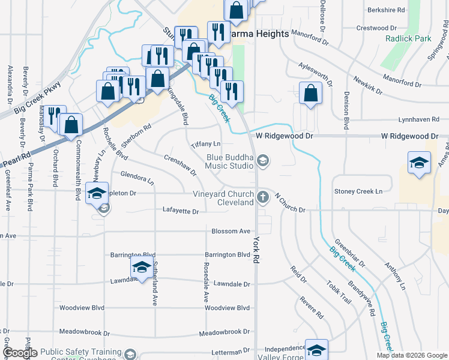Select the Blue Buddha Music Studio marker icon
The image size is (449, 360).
pyautogui.click(x=262, y=161)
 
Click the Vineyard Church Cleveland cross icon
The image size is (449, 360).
pyautogui.click(x=262, y=197)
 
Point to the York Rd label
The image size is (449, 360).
pyautogui.click(x=256, y=248)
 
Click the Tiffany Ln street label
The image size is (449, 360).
pyautogui.click(x=206, y=145)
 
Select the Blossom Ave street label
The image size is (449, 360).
pyautogui.click(x=231, y=231)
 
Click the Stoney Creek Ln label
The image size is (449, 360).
pyautogui.click(x=358, y=191)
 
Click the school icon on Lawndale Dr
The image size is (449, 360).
pyautogui.click(x=141, y=267)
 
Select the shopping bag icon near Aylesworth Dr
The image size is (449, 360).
pyautogui.click(x=310, y=93)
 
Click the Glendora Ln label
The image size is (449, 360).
pyautogui.click(x=137, y=178)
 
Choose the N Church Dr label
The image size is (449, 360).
pyautogui.click(x=291, y=203)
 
